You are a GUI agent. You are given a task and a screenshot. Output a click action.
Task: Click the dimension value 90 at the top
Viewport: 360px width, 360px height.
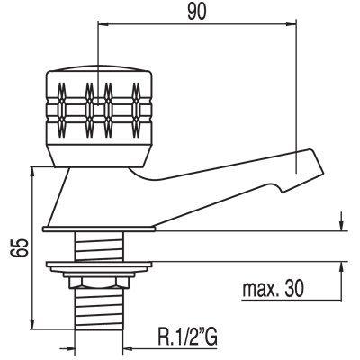click(x=197, y=12)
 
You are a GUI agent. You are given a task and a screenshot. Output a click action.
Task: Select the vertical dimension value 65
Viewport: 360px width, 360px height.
click(x=19, y=247)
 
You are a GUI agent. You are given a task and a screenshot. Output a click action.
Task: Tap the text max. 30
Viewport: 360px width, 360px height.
click(x=273, y=289)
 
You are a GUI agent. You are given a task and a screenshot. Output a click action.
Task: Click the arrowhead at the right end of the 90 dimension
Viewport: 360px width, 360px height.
click(x=291, y=23)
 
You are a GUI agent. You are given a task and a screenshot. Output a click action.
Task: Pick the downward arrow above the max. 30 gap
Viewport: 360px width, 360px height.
click(x=341, y=221)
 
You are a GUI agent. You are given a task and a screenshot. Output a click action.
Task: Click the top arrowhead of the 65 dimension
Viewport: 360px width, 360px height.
click(x=32, y=174)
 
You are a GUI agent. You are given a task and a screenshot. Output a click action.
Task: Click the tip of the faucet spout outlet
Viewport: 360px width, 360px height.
click(x=324, y=173)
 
